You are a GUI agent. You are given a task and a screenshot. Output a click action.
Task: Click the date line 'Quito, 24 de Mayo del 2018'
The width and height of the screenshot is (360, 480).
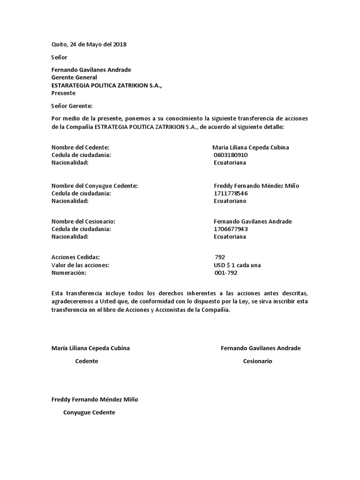click(89, 45)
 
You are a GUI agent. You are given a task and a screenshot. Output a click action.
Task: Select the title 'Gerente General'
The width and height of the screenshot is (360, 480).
click(74, 77)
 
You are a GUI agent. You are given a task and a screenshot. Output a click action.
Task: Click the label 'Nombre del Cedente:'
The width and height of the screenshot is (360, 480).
click(80, 147)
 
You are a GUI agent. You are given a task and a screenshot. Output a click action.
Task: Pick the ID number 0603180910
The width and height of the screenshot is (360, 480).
click(230, 155)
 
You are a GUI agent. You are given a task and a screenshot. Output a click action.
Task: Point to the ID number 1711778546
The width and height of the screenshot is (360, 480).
click(231, 193)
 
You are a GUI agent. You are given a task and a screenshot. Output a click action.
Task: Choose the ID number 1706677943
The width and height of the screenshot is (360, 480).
click(231, 229)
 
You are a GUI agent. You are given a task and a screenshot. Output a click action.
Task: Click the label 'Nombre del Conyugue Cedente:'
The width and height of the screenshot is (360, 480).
click(94, 186)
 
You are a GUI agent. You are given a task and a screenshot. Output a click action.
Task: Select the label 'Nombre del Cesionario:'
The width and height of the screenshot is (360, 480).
click(83, 221)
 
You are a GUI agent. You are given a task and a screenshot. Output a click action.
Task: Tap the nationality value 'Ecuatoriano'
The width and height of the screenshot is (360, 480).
click(230, 201)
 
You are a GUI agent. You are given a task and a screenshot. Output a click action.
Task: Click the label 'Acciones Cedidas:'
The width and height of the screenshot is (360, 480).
click(75, 257)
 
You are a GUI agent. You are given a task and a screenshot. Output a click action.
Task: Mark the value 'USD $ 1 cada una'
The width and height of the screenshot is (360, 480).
click(237, 265)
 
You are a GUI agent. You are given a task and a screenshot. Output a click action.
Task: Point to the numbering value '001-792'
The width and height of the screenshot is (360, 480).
click(225, 273)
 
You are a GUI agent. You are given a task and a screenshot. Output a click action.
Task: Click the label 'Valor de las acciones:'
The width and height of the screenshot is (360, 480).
click(80, 265)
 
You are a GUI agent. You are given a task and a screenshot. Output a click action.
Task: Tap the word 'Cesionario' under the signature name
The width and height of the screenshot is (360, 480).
click(257, 361)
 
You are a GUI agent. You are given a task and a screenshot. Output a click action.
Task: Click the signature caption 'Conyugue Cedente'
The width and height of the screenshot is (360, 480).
click(89, 412)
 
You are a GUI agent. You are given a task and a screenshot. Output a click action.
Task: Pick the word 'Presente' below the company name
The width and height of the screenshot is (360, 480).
click(63, 93)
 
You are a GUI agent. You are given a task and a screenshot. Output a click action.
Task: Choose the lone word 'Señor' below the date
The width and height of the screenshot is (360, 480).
click(60, 57)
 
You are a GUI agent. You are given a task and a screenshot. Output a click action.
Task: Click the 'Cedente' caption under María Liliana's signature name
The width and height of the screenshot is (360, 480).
click(87, 361)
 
